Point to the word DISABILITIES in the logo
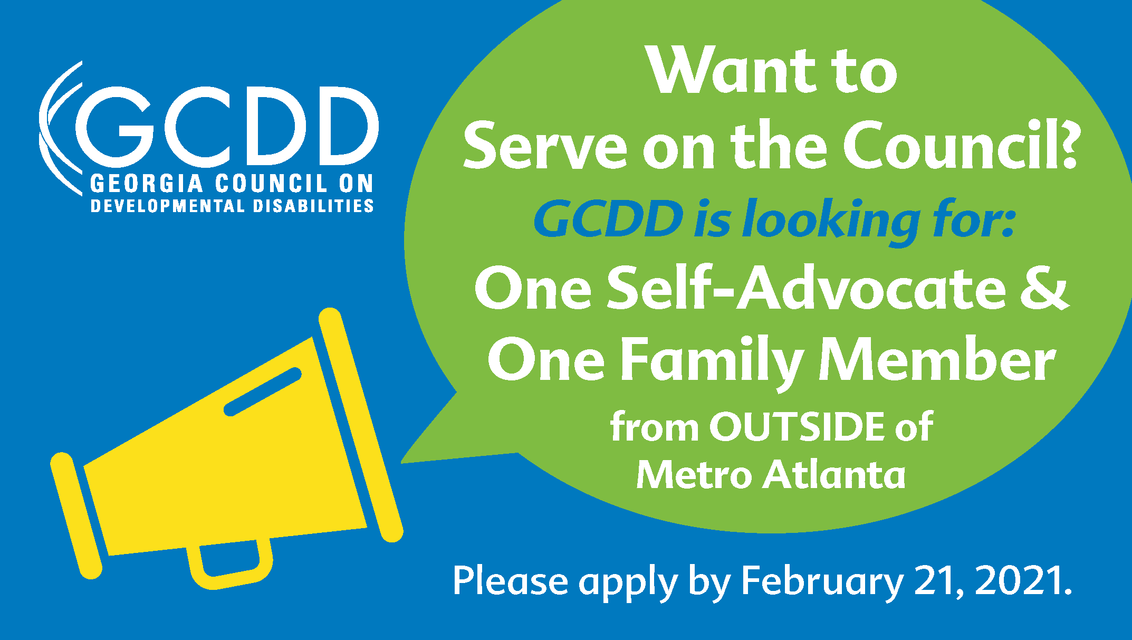pos(313,206)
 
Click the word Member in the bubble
pos(937,361)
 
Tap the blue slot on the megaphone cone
pos(263,392)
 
